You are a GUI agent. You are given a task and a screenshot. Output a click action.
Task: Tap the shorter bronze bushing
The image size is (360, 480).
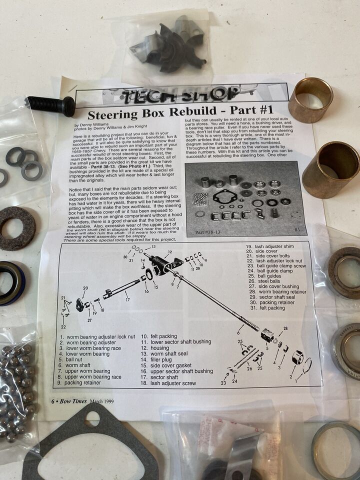tap(310, 99)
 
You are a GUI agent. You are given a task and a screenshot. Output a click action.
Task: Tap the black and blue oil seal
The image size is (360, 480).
tap(11, 282)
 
